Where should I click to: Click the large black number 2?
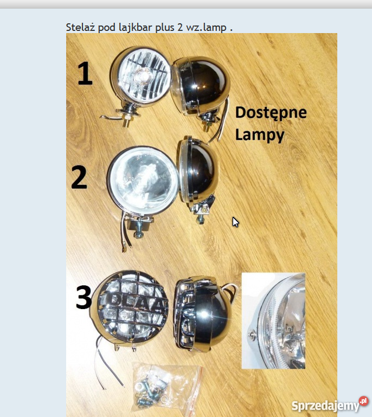tap(79, 177)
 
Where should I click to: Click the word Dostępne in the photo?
tap(271, 113)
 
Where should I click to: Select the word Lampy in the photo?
tap(259, 134)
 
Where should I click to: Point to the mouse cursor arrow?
tap(235, 222)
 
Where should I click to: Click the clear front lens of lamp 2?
tap(142, 180)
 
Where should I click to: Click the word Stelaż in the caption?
tap(80, 27)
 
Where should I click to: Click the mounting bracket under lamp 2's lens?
tap(140, 223)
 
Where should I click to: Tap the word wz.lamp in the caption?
tap(206, 27)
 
